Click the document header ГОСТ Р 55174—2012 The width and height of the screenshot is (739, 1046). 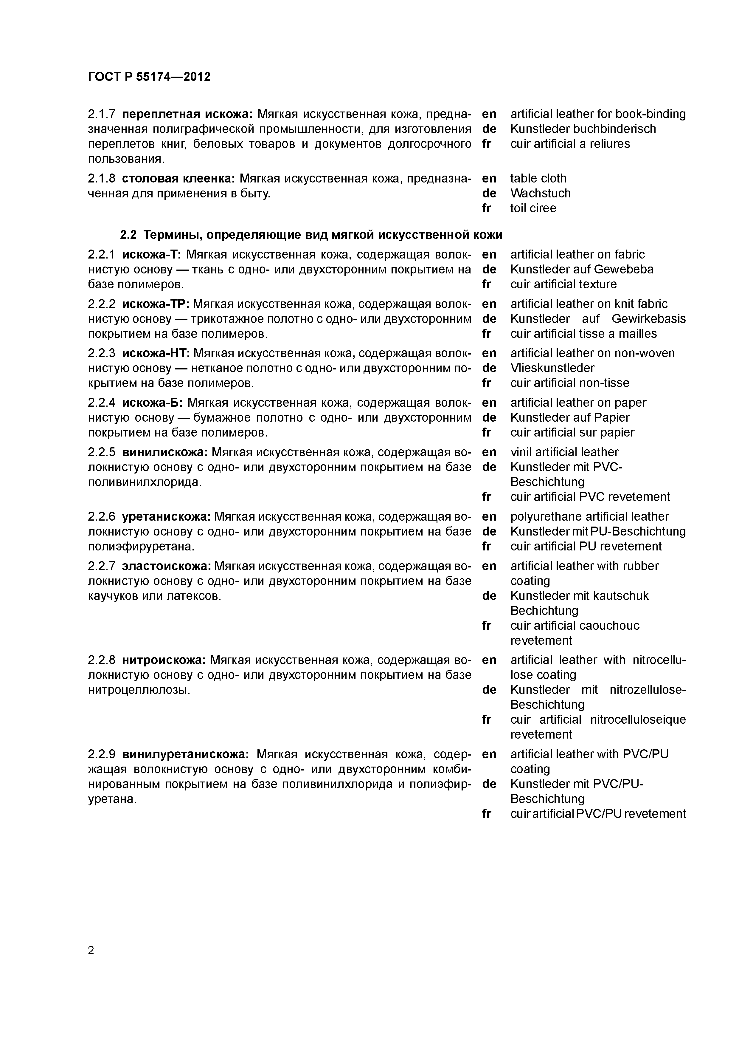coord(149,77)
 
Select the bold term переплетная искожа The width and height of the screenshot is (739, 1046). coord(188,114)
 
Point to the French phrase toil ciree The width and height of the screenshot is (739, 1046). coord(533,208)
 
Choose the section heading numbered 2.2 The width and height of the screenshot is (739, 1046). coord(311,235)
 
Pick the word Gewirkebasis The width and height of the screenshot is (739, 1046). coord(648,319)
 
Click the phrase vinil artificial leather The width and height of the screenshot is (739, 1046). coord(564,452)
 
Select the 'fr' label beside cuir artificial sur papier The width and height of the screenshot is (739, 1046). coord(486,432)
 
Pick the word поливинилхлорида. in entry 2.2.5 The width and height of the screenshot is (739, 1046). coord(144,482)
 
